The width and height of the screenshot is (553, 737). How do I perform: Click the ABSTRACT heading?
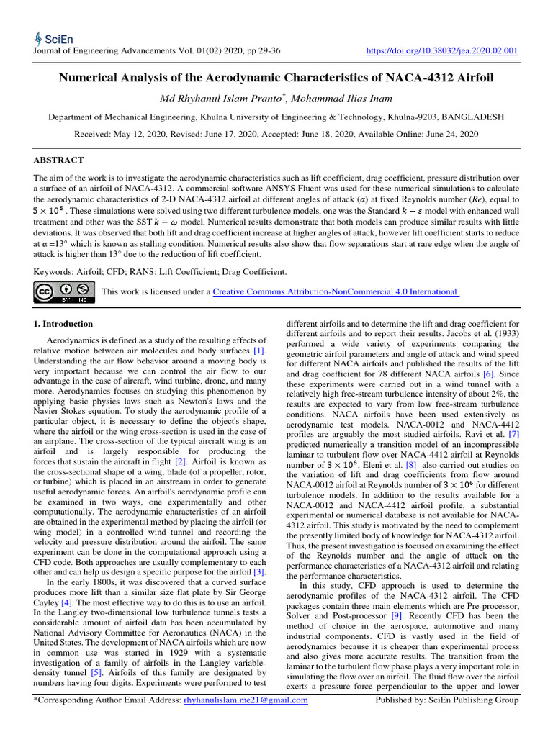(x=59, y=160)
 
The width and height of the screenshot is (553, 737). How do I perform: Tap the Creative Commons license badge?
(x=65, y=291)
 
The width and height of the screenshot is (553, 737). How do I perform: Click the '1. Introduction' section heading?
(x=64, y=324)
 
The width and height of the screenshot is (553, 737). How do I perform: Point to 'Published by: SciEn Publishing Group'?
(x=448, y=720)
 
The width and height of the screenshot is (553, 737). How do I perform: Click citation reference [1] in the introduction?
(x=258, y=350)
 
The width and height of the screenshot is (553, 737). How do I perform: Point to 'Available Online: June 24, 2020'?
(x=428, y=134)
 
